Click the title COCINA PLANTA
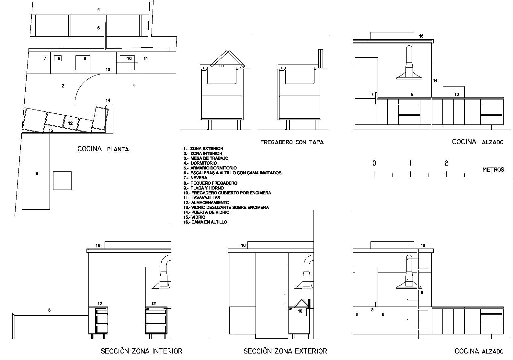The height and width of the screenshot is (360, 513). click(x=103, y=149)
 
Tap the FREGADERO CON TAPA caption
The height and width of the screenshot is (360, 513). click(x=292, y=142)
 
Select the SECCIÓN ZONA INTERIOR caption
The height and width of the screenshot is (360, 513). click(x=142, y=351)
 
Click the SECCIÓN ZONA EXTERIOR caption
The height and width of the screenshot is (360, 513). click(x=285, y=351)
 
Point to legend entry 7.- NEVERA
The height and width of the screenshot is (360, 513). click(x=195, y=178)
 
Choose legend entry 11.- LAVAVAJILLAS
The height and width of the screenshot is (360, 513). click(x=202, y=198)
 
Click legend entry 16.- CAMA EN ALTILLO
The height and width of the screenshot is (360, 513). click(x=205, y=222)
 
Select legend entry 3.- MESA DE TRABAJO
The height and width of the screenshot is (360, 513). click(x=206, y=158)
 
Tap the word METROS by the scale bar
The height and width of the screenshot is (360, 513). click(x=493, y=169)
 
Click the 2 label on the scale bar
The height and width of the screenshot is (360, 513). click(x=446, y=163)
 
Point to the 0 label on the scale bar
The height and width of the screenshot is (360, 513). click(x=374, y=163)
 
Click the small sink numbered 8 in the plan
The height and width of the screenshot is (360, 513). click(x=58, y=58)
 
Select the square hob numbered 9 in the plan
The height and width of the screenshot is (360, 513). click(x=83, y=63)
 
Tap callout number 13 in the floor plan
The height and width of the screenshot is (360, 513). click(x=108, y=69)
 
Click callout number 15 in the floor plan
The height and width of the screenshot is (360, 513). click(x=51, y=130)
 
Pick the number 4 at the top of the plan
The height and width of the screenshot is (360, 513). click(x=98, y=10)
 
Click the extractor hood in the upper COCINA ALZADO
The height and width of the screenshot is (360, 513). click(x=409, y=63)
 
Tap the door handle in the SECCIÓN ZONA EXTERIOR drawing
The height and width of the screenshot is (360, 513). click(x=284, y=299)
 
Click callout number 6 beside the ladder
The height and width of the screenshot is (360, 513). click(x=422, y=293)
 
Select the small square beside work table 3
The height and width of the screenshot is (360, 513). click(x=62, y=180)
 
